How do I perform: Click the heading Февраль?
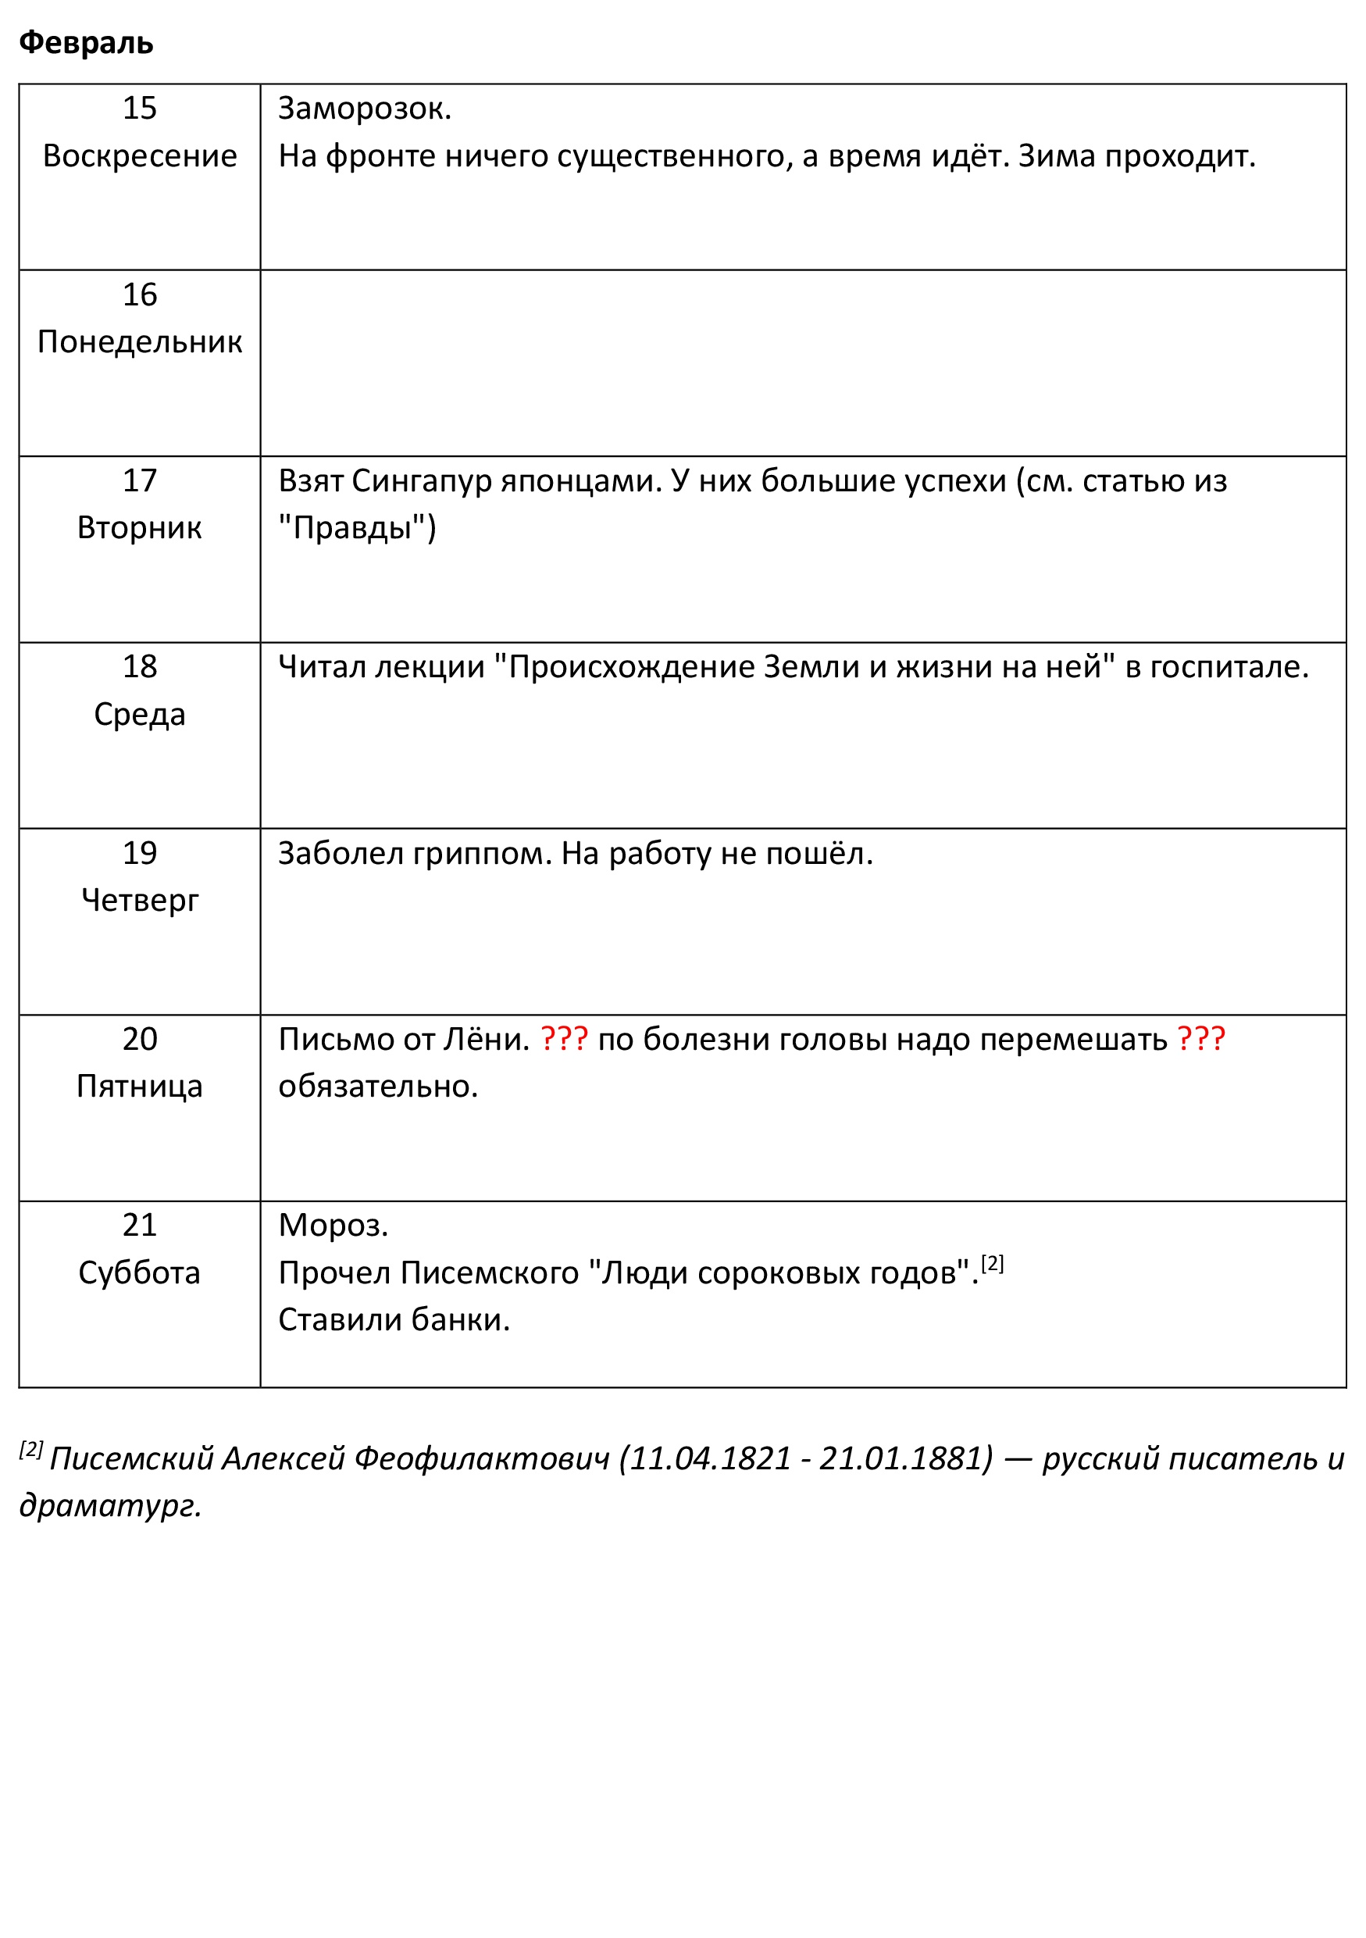[86, 42]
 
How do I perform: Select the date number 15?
[139, 108]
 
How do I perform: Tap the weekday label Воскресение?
[139, 156]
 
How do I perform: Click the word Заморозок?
[364, 109]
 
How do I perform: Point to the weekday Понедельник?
[139, 342]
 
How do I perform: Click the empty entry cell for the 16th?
[801, 363]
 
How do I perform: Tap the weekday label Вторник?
[139, 528]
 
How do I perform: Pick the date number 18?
[139, 667]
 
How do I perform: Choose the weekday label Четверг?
[139, 901]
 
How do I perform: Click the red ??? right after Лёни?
[564, 1039]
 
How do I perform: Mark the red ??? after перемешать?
[1200, 1039]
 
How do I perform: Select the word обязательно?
[377, 1087]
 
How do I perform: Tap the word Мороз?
[333, 1226]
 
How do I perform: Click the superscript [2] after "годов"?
[992, 1264]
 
